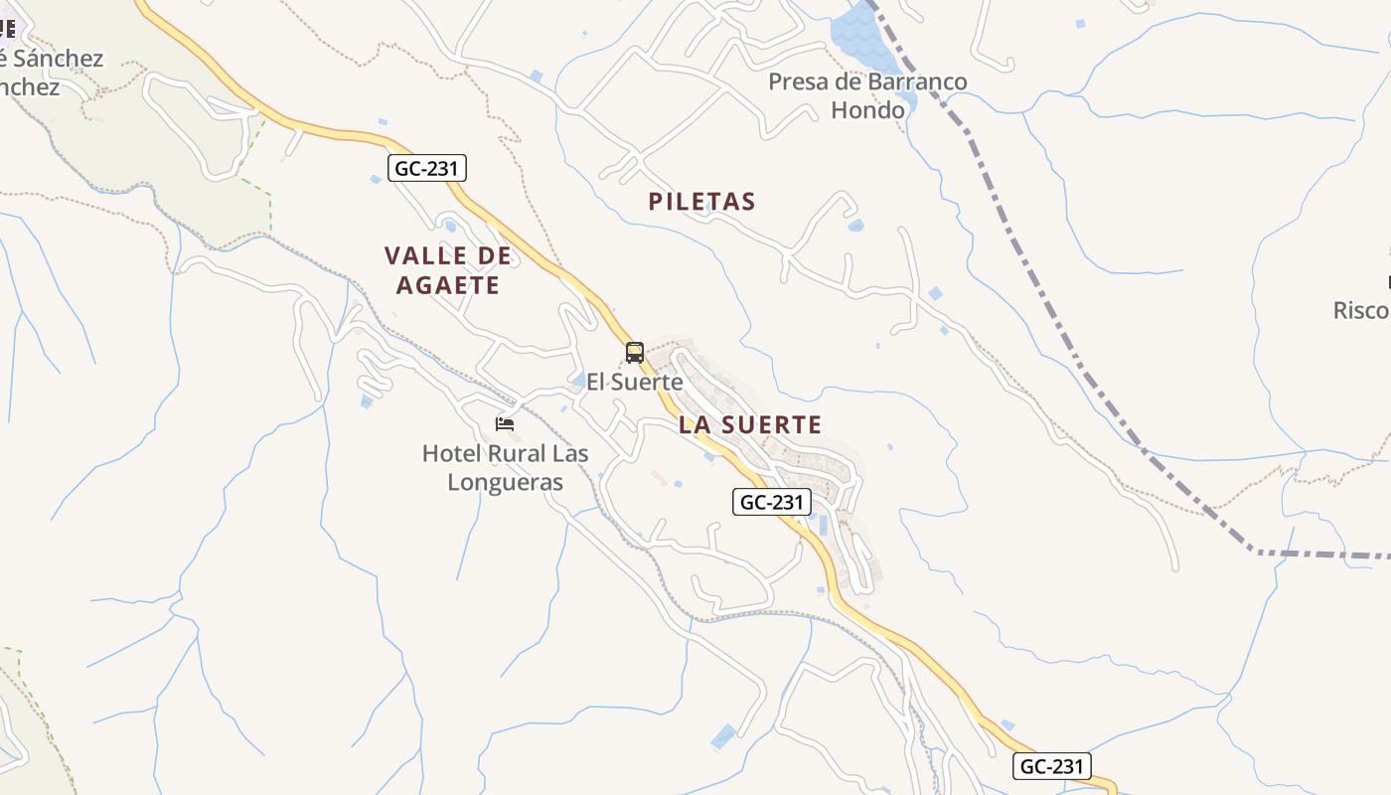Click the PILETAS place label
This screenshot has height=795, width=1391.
point(701,202)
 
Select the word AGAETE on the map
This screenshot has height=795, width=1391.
point(447,286)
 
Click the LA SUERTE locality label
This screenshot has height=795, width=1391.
point(750,425)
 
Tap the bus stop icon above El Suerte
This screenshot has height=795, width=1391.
point(635,353)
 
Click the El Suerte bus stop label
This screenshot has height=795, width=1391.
point(634,382)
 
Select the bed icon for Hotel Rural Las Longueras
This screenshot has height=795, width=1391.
point(505,424)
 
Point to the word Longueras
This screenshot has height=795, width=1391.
point(505,483)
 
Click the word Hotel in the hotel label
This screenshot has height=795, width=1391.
point(452,454)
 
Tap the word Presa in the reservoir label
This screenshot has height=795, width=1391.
point(798,81)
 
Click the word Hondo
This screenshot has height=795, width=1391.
point(867,109)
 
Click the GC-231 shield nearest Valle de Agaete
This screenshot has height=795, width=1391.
point(426,169)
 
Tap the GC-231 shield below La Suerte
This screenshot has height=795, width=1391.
point(772,502)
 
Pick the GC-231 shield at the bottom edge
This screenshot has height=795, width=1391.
point(1052,766)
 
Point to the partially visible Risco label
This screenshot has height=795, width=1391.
point(1361,310)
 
